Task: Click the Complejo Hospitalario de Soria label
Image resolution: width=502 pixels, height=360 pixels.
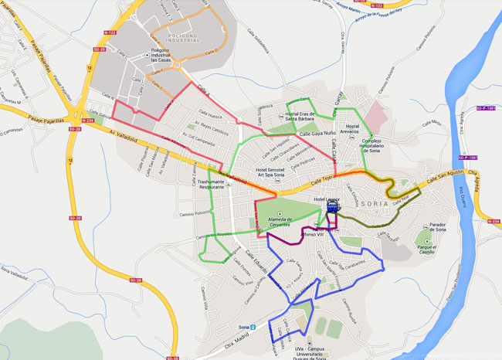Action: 365,144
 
